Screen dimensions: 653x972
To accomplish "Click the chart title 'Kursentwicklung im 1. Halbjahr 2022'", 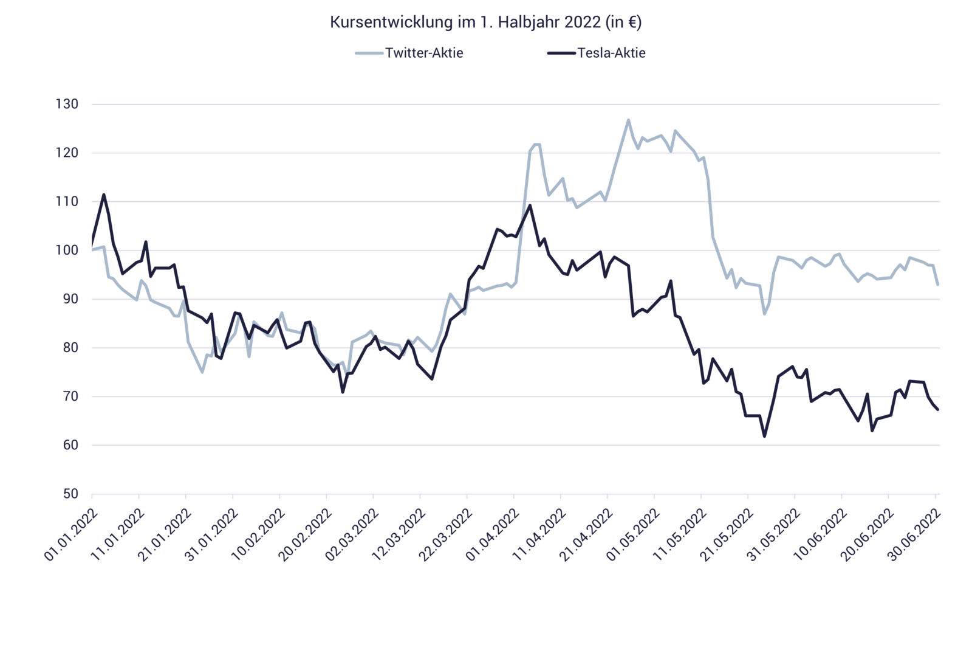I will [x=485, y=22].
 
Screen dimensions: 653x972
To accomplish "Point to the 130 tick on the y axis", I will [x=67, y=105].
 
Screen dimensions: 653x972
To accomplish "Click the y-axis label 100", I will [x=67, y=250].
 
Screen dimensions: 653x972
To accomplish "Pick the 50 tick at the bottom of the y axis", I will [x=70, y=494].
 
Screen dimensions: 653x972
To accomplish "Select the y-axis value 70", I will [x=70, y=396].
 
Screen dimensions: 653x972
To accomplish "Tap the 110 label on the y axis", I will [x=67, y=202].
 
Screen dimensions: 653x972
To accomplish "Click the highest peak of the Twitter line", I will [x=628, y=119].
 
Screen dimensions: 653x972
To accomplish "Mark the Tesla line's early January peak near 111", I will [x=104, y=195].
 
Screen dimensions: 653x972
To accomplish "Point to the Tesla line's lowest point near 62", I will [x=764, y=437].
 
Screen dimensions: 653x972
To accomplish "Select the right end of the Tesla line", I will [x=939, y=410].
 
